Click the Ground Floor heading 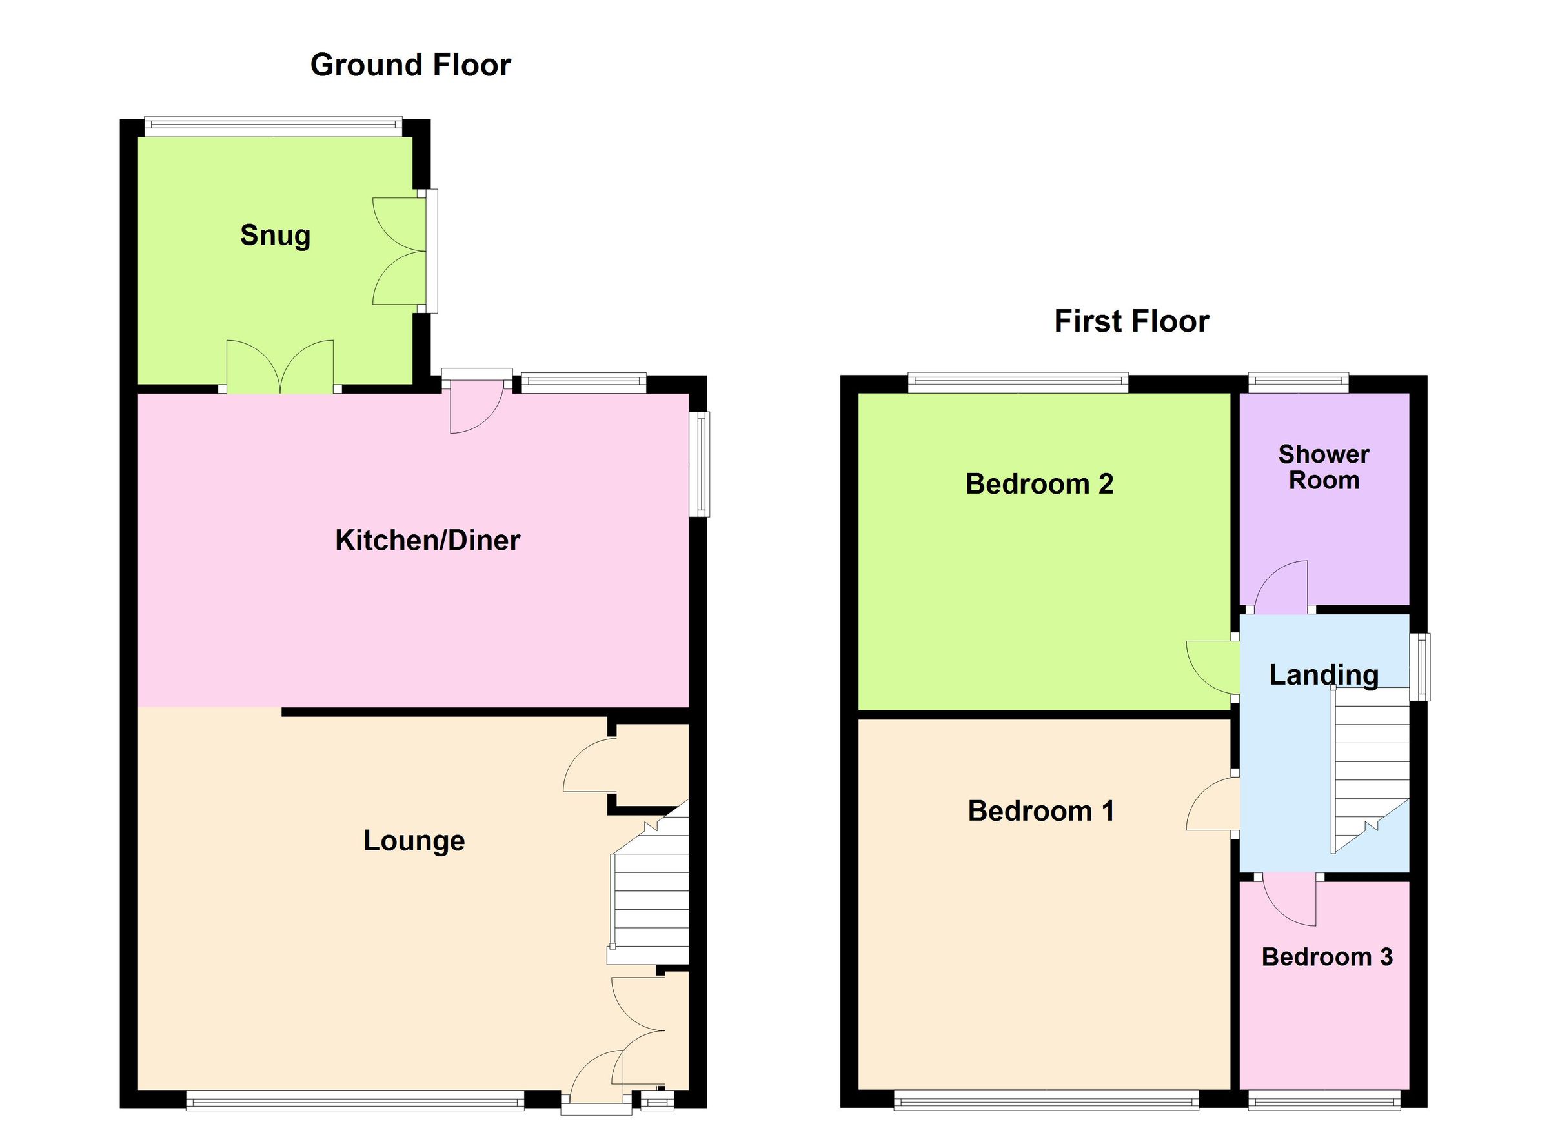410,66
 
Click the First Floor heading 1131,321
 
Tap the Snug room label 275,236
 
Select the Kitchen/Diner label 427,540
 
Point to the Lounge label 413,840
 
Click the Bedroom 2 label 1039,484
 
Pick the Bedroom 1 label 1041,811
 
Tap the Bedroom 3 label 1326,957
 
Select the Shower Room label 1323,468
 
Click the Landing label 1323,676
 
